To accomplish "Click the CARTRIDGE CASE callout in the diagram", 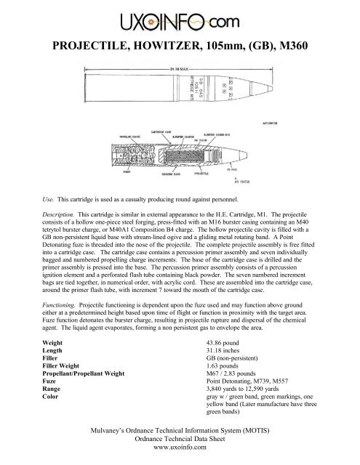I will click(161, 132).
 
